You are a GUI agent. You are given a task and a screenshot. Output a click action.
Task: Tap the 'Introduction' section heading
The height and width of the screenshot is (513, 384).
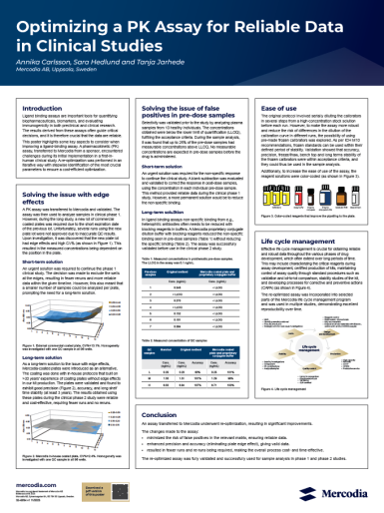point(51,106)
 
